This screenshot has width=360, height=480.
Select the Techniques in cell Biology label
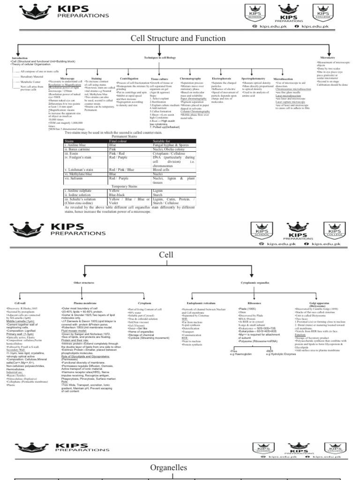tap(160, 58)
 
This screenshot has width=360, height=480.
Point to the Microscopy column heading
tap(61, 78)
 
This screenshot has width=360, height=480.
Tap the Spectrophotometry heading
tap(253, 78)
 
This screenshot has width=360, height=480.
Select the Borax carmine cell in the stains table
tap(78, 149)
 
